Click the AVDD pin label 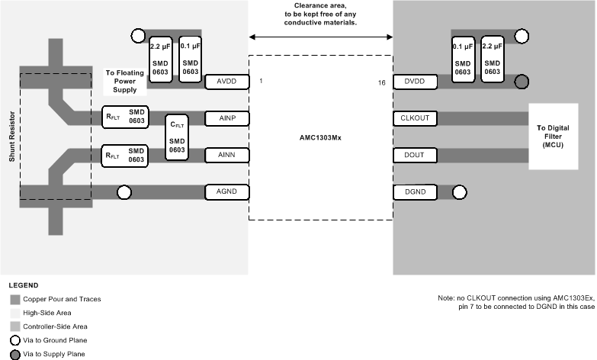pyautogui.click(x=227, y=81)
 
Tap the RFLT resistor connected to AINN pyautogui.click(x=125, y=155)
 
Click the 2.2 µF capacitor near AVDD pyautogui.click(x=160, y=58)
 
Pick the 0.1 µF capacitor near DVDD pyautogui.click(x=464, y=58)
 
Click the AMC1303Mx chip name pyautogui.click(x=321, y=139)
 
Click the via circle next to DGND pyautogui.click(x=460, y=192)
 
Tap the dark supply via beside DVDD pyautogui.click(x=522, y=82)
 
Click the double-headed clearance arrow pyautogui.click(x=321, y=36)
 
